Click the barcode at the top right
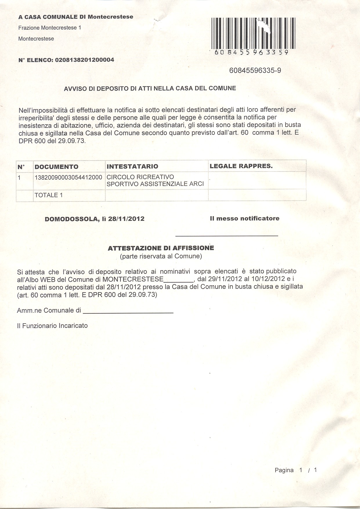pos(254,33)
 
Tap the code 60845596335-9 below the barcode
pos(255,71)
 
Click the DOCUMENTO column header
pos(57,167)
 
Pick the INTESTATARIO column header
pos(133,167)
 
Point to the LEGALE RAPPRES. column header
pos(241,166)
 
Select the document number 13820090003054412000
pos(68,177)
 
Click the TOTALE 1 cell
pos(48,195)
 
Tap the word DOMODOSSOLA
pos(71,219)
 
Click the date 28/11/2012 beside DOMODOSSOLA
pos(126,219)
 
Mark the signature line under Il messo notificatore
pos(227,235)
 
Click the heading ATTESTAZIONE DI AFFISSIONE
pos(161,248)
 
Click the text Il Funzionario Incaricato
pos(52,326)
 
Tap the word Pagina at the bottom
pos(284,470)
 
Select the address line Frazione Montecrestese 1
pos(50,28)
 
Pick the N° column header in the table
pos(21,167)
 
